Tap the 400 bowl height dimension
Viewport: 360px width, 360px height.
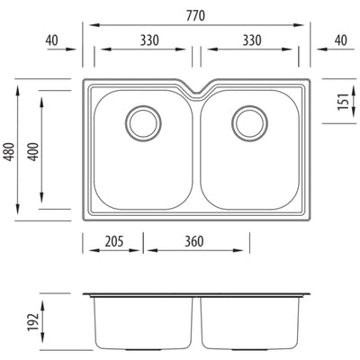(33, 154)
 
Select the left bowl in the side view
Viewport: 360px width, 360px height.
(144, 324)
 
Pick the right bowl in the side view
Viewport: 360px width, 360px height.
(249, 324)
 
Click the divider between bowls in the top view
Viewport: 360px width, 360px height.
(196, 153)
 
